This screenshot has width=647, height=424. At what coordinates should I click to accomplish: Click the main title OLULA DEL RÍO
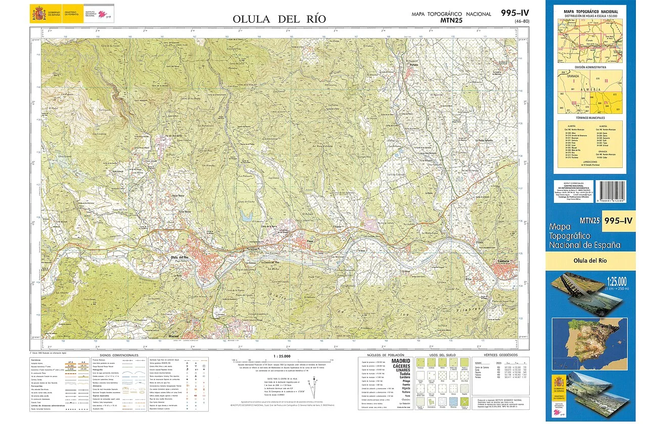point(279,19)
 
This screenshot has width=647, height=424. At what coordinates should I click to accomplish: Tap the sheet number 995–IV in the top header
point(515,13)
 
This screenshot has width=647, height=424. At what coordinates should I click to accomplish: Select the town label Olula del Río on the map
point(180,258)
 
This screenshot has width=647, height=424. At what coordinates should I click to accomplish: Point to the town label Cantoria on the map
point(502,261)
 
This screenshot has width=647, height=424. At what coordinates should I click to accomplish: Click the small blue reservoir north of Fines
point(246,217)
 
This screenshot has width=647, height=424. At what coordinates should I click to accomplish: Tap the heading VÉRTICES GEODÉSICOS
point(500,356)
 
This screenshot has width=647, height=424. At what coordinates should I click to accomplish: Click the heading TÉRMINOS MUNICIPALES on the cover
point(589,117)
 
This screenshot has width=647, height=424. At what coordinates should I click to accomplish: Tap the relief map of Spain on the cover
point(589,337)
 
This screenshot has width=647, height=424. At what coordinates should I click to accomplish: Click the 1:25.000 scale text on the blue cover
point(617,281)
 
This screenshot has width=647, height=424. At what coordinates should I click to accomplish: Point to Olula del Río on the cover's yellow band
point(589,261)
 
